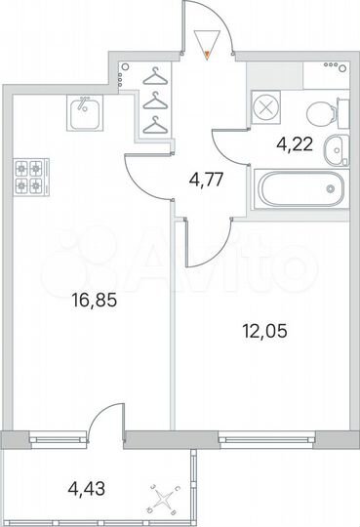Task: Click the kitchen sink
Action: point(85,115)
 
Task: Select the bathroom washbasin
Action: point(334,151)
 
